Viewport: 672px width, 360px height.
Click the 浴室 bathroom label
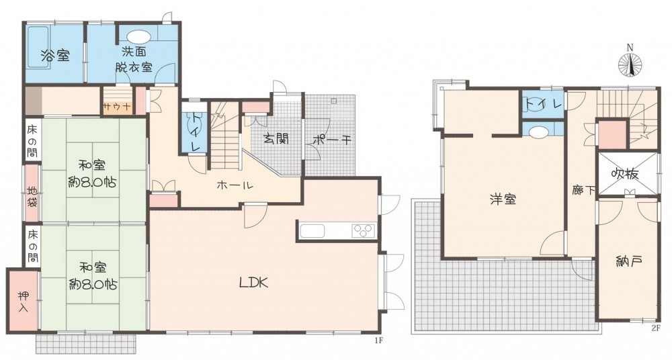click(55, 56)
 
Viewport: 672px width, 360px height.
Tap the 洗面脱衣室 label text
click(134, 59)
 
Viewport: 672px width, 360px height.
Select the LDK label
click(253, 283)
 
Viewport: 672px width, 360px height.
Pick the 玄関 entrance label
click(276, 139)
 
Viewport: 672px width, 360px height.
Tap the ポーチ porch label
click(332, 140)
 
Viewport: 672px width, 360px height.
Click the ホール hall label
click(235, 185)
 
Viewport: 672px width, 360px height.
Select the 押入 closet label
click(23, 302)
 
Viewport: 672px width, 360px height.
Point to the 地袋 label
click(32, 197)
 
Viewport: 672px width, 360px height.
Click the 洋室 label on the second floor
click(503, 199)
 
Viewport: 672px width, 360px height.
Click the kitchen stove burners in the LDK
click(364, 231)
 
